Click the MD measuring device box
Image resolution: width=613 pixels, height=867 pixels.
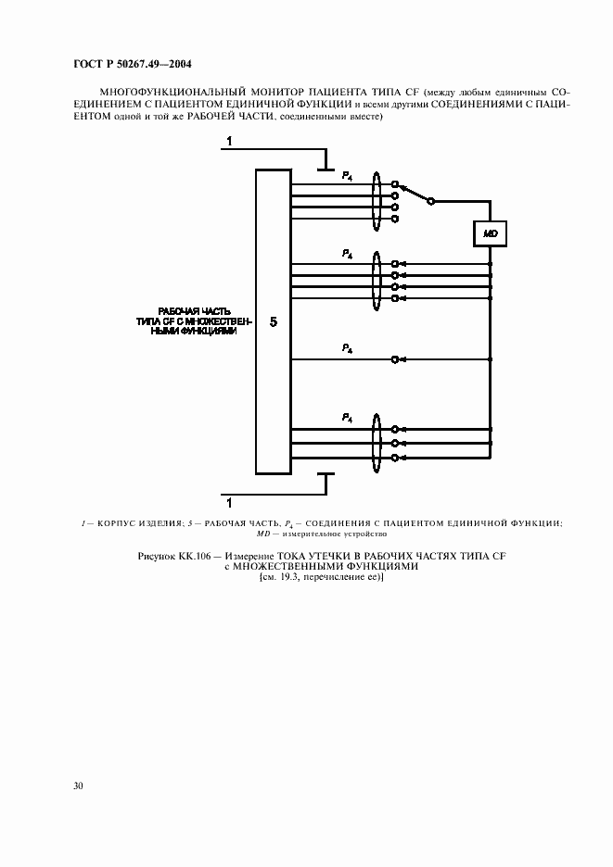click(x=490, y=233)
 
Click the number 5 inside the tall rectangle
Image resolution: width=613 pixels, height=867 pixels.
click(x=274, y=321)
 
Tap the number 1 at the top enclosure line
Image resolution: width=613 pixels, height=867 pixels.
click(x=229, y=142)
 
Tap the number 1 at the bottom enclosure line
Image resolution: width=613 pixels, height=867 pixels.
click(x=229, y=503)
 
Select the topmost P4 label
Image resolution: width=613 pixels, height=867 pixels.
click(x=347, y=176)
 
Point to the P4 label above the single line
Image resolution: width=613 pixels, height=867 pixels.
click(x=347, y=348)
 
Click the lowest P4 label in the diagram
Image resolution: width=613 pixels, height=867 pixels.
click(x=347, y=418)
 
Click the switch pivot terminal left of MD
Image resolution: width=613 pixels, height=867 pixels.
click(x=431, y=202)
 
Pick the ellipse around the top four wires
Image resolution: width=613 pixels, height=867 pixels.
click(x=377, y=201)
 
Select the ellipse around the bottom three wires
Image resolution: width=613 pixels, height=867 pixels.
click(x=377, y=444)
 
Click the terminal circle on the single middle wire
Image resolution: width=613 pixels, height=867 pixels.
click(x=394, y=359)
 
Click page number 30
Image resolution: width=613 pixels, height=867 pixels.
click(x=78, y=785)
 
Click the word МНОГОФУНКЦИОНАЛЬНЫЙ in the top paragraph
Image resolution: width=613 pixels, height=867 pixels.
click(x=169, y=93)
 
